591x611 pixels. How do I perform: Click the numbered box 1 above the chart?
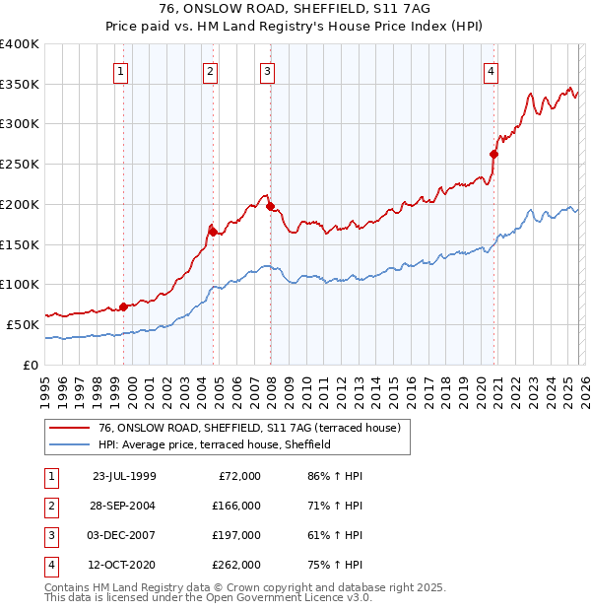(120, 70)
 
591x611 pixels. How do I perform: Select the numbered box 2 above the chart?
(211, 70)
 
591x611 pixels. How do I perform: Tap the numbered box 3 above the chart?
(267, 70)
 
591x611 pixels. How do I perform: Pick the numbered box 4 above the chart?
(491, 70)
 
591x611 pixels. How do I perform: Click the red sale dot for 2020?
(494, 154)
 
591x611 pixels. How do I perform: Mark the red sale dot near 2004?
(213, 232)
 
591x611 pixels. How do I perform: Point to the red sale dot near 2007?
(270, 207)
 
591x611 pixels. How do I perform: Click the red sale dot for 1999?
(123, 306)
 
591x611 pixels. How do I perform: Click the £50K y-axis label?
(23, 324)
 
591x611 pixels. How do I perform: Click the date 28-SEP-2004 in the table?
(124, 506)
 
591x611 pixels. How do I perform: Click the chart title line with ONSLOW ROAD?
(295, 11)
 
